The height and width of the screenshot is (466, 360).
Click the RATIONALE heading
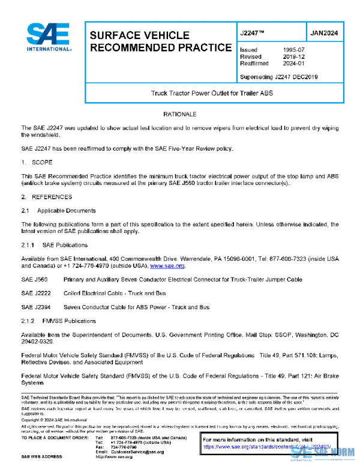tap(180, 113)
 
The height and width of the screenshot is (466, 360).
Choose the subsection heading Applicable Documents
tap(65, 211)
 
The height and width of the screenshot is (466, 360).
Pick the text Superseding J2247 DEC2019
tap(278, 77)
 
